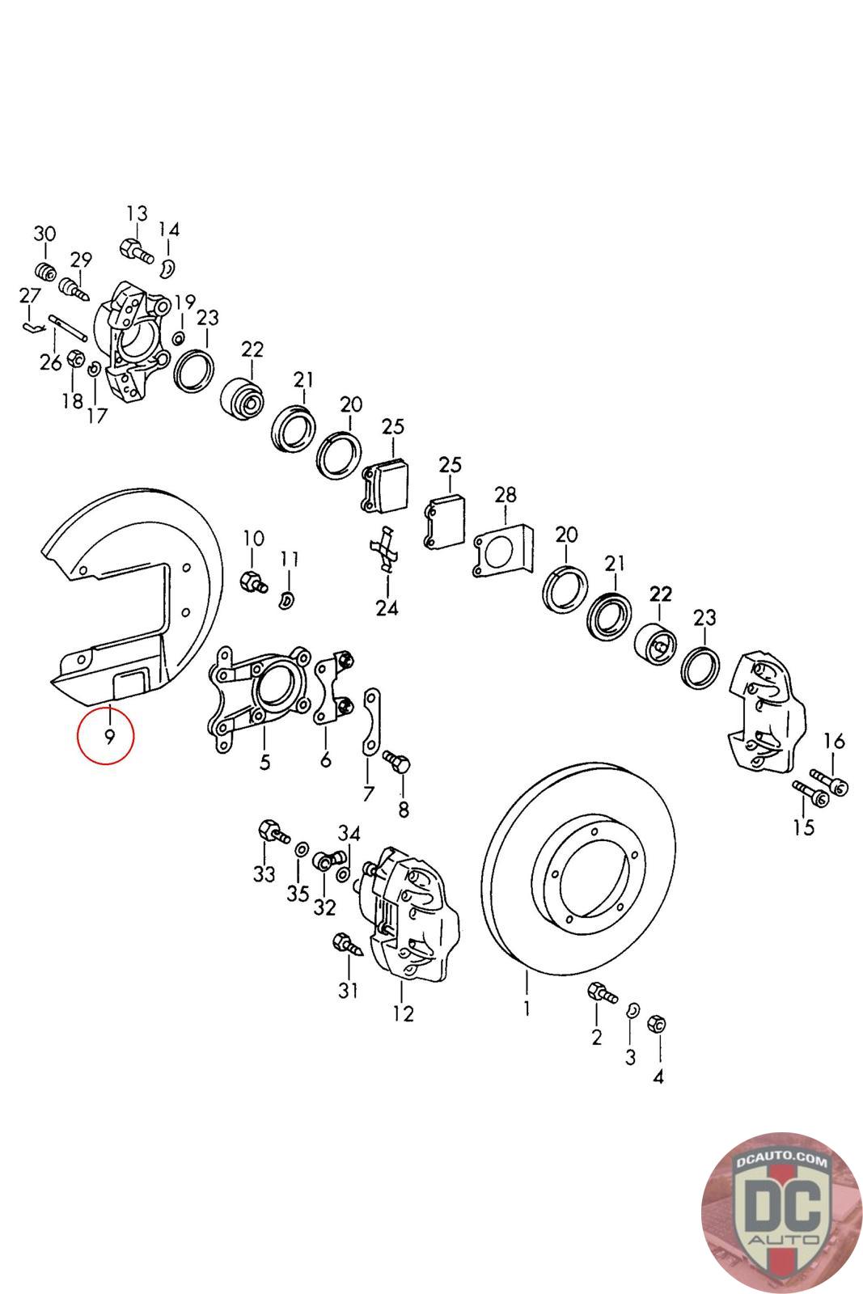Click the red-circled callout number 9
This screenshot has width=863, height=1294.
pyautogui.click(x=108, y=737)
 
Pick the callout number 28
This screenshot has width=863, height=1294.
pyautogui.click(x=506, y=495)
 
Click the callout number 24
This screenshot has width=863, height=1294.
pyautogui.click(x=387, y=607)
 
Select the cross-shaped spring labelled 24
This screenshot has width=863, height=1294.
pyautogui.click(x=385, y=548)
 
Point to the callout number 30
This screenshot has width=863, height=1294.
pyautogui.click(x=44, y=234)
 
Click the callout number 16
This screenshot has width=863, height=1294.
pyautogui.click(x=835, y=741)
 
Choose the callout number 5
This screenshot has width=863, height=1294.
pyautogui.click(x=264, y=762)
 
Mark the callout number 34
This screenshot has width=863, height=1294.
pyautogui.click(x=349, y=833)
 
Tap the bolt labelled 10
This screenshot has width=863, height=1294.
pyautogui.click(x=253, y=580)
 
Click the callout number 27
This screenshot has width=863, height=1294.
pyautogui.click(x=29, y=295)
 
